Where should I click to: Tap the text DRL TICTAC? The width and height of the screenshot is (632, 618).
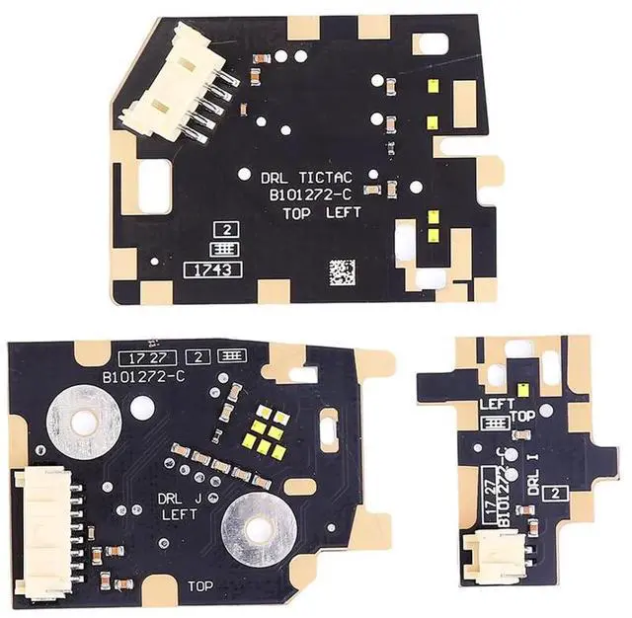click(306, 179)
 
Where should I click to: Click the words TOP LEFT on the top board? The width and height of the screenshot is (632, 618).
click(322, 212)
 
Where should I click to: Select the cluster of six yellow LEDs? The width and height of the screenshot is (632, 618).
click(268, 433)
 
